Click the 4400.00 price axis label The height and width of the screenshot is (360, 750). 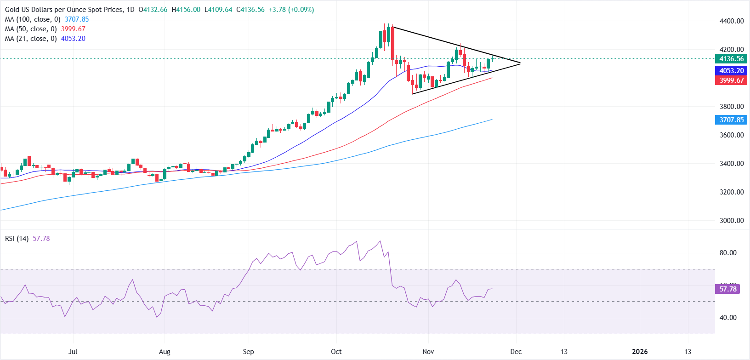[x=732, y=21]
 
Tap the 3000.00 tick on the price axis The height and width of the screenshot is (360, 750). [x=732, y=221]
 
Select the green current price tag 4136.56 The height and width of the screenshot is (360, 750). [x=731, y=59]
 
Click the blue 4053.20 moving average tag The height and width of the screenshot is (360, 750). [x=731, y=71]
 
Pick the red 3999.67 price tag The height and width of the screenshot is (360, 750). [x=731, y=80]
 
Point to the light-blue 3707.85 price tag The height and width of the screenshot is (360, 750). [x=731, y=120]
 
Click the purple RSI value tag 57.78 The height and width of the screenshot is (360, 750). [x=727, y=289]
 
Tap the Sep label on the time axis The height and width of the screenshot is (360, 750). [x=248, y=352]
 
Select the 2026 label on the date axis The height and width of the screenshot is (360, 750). [x=640, y=352]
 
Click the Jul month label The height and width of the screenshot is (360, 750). [x=73, y=352]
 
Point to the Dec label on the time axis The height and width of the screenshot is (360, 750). [x=516, y=352]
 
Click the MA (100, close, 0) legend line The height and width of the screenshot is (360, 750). [x=33, y=19]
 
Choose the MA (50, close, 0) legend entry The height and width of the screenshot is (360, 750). [x=31, y=29]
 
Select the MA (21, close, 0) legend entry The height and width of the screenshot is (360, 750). [x=31, y=39]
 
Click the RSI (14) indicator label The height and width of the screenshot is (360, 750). [x=17, y=239]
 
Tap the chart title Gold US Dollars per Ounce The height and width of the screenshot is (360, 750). [x=64, y=10]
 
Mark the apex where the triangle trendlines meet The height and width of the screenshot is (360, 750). [x=520, y=63]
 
